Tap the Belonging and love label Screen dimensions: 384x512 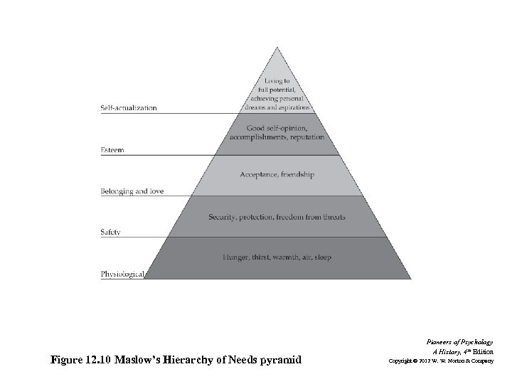(x=131, y=192)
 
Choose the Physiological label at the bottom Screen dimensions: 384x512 (x=122, y=274)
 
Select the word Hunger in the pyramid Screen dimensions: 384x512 (x=235, y=257)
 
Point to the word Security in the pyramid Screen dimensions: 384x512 (x=226, y=217)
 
